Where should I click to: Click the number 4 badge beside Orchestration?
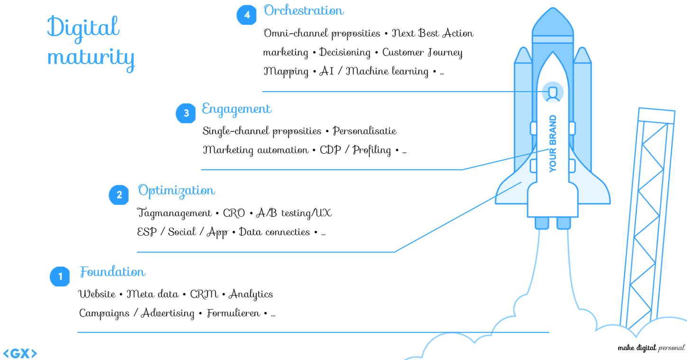[247, 15]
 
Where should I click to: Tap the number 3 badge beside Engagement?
[186, 113]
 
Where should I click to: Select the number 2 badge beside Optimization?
[119, 195]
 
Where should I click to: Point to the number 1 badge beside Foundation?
[60, 277]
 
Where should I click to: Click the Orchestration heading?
[304, 11]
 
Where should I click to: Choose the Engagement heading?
[237, 109]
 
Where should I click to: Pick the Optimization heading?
[176, 191]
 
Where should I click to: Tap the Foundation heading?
[113, 272]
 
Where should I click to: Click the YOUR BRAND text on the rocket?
[553, 143]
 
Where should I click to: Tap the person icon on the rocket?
[552, 93]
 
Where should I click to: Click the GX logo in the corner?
[20, 353]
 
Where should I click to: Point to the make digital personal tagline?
[651, 348]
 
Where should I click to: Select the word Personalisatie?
[365, 131]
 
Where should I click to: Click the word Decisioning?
[345, 52]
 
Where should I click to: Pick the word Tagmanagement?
[174, 213]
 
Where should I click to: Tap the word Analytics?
[251, 294]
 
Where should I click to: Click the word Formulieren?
[233, 314]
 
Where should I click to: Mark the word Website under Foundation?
[97, 294]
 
